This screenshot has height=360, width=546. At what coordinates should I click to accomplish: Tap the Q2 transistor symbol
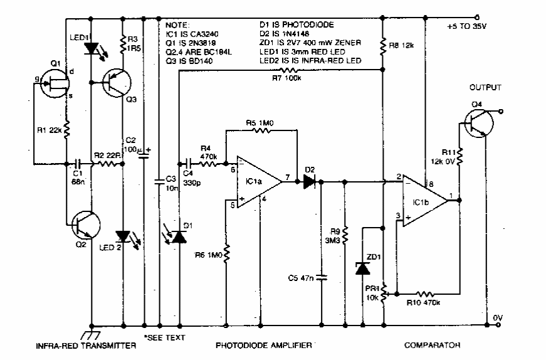pos(84,225)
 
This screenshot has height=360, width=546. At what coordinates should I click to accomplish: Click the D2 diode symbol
pos(309,182)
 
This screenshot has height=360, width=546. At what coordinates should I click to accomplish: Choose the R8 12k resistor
pos(382,45)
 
